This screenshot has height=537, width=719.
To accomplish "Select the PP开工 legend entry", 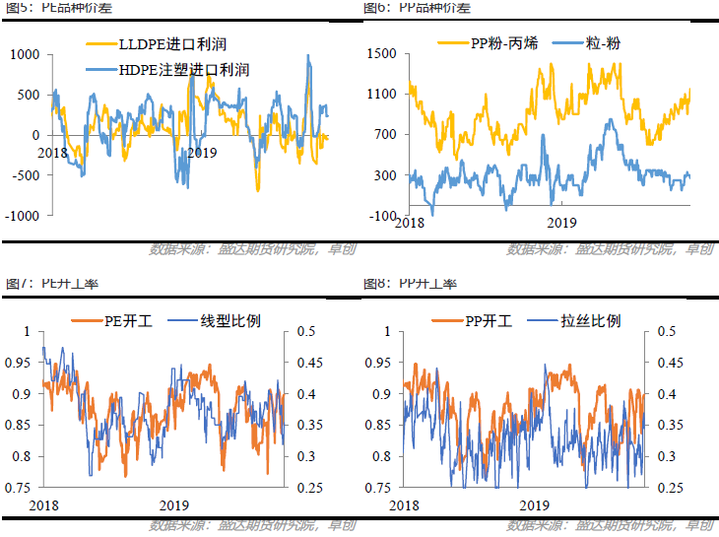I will pos(481,320).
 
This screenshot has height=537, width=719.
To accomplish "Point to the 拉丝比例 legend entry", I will pos(580,320).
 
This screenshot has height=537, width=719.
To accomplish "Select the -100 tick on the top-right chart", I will pos(383,216).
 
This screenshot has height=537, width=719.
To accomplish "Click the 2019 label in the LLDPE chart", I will pos(201,153).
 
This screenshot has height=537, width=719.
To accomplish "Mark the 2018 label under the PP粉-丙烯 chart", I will pos(410,225).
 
